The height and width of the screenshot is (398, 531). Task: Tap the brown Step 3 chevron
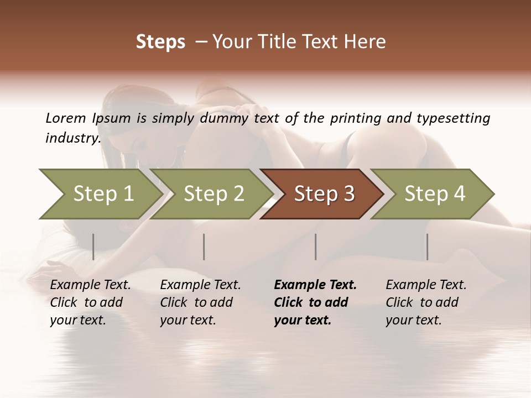324,194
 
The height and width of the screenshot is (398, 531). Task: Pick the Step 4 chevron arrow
434,194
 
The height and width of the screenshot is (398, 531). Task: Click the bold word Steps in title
160,41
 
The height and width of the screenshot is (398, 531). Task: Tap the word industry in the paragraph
72,138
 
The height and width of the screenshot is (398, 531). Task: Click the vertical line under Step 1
93,247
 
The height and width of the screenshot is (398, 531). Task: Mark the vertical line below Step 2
204,247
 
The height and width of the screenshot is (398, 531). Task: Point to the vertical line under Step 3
315,247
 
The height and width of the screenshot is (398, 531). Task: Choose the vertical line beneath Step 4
427,247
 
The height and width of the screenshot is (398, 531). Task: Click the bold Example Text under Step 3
315,285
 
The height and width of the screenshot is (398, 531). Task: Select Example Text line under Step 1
90,285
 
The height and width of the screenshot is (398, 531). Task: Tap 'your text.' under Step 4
413,320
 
